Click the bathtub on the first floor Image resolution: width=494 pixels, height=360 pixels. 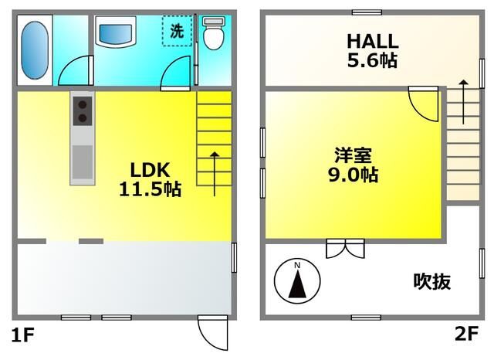click(35, 50)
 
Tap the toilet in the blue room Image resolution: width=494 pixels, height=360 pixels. click(214, 33)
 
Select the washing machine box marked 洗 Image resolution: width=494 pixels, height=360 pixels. click(177, 31)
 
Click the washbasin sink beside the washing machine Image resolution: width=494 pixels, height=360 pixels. click(116, 32)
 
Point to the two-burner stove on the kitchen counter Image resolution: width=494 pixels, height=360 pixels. click(83, 111)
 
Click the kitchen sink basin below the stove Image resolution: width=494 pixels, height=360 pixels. click(83, 162)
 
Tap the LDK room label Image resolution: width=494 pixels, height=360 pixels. click(151, 170)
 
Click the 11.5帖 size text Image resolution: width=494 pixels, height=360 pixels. click(151, 189)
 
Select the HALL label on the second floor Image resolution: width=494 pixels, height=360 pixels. click(373, 41)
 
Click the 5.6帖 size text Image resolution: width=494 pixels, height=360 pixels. click(372, 60)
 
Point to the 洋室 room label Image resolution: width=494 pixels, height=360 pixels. click(353, 155)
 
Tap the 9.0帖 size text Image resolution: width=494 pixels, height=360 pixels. click(354, 175)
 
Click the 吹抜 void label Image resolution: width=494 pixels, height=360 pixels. click(431, 281)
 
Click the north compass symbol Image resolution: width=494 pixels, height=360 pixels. click(297, 281)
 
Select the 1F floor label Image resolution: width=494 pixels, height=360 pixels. click(22, 335)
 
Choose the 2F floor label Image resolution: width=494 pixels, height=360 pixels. click(466, 333)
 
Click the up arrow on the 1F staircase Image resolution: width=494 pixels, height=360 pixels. click(215, 174)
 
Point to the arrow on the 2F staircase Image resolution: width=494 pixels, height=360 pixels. click(463, 102)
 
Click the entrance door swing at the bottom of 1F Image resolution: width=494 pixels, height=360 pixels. click(213, 332)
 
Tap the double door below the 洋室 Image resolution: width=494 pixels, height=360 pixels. click(345, 249)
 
